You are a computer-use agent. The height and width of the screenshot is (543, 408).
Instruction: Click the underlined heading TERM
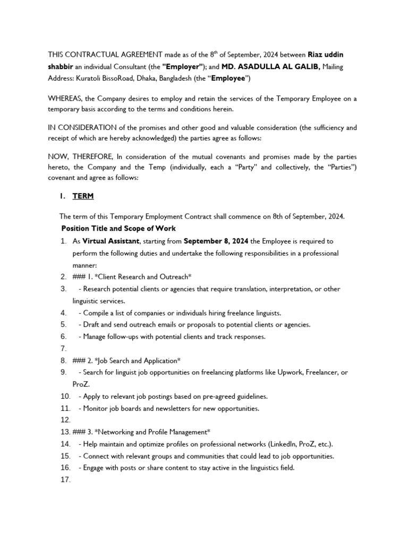(x=83, y=196)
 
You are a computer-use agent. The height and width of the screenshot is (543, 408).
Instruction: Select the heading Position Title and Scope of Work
(x=118, y=229)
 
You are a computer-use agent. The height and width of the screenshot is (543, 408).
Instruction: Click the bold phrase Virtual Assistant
(x=111, y=241)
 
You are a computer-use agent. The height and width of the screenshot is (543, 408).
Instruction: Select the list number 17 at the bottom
(x=65, y=480)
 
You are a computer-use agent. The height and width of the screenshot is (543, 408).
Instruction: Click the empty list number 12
(x=65, y=420)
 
